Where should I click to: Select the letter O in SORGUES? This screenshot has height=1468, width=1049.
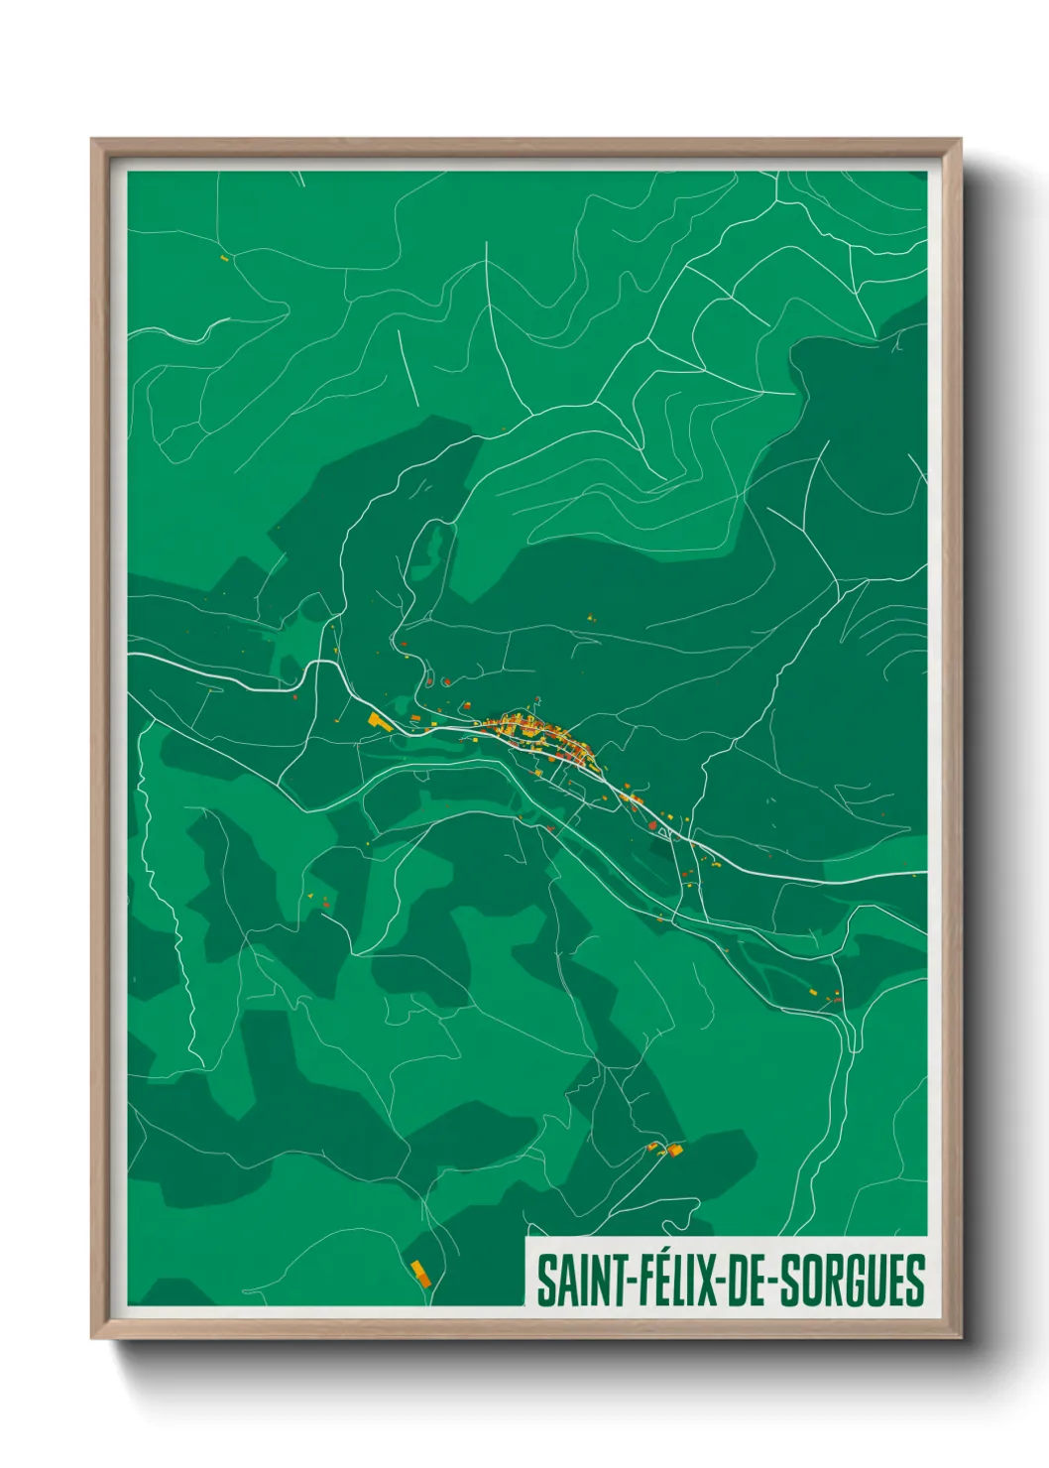pyautogui.click(x=813, y=1281)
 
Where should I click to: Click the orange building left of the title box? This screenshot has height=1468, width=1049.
pyautogui.click(x=420, y=1272)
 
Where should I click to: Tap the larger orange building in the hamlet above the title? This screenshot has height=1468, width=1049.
pyautogui.click(x=675, y=1150)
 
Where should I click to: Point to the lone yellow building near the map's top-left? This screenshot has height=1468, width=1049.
pyautogui.click(x=224, y=259)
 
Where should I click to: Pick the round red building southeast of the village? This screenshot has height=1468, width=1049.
pyautogui.click(x=651, y=824)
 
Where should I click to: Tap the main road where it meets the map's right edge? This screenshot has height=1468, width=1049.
pyautogui.click(x=925, y=874)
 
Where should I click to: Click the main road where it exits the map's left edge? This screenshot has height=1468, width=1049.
pyautogui.click(x=130, y=656)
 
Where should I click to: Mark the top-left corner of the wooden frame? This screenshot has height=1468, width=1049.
pyautogui.click(x=92, y=141)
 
